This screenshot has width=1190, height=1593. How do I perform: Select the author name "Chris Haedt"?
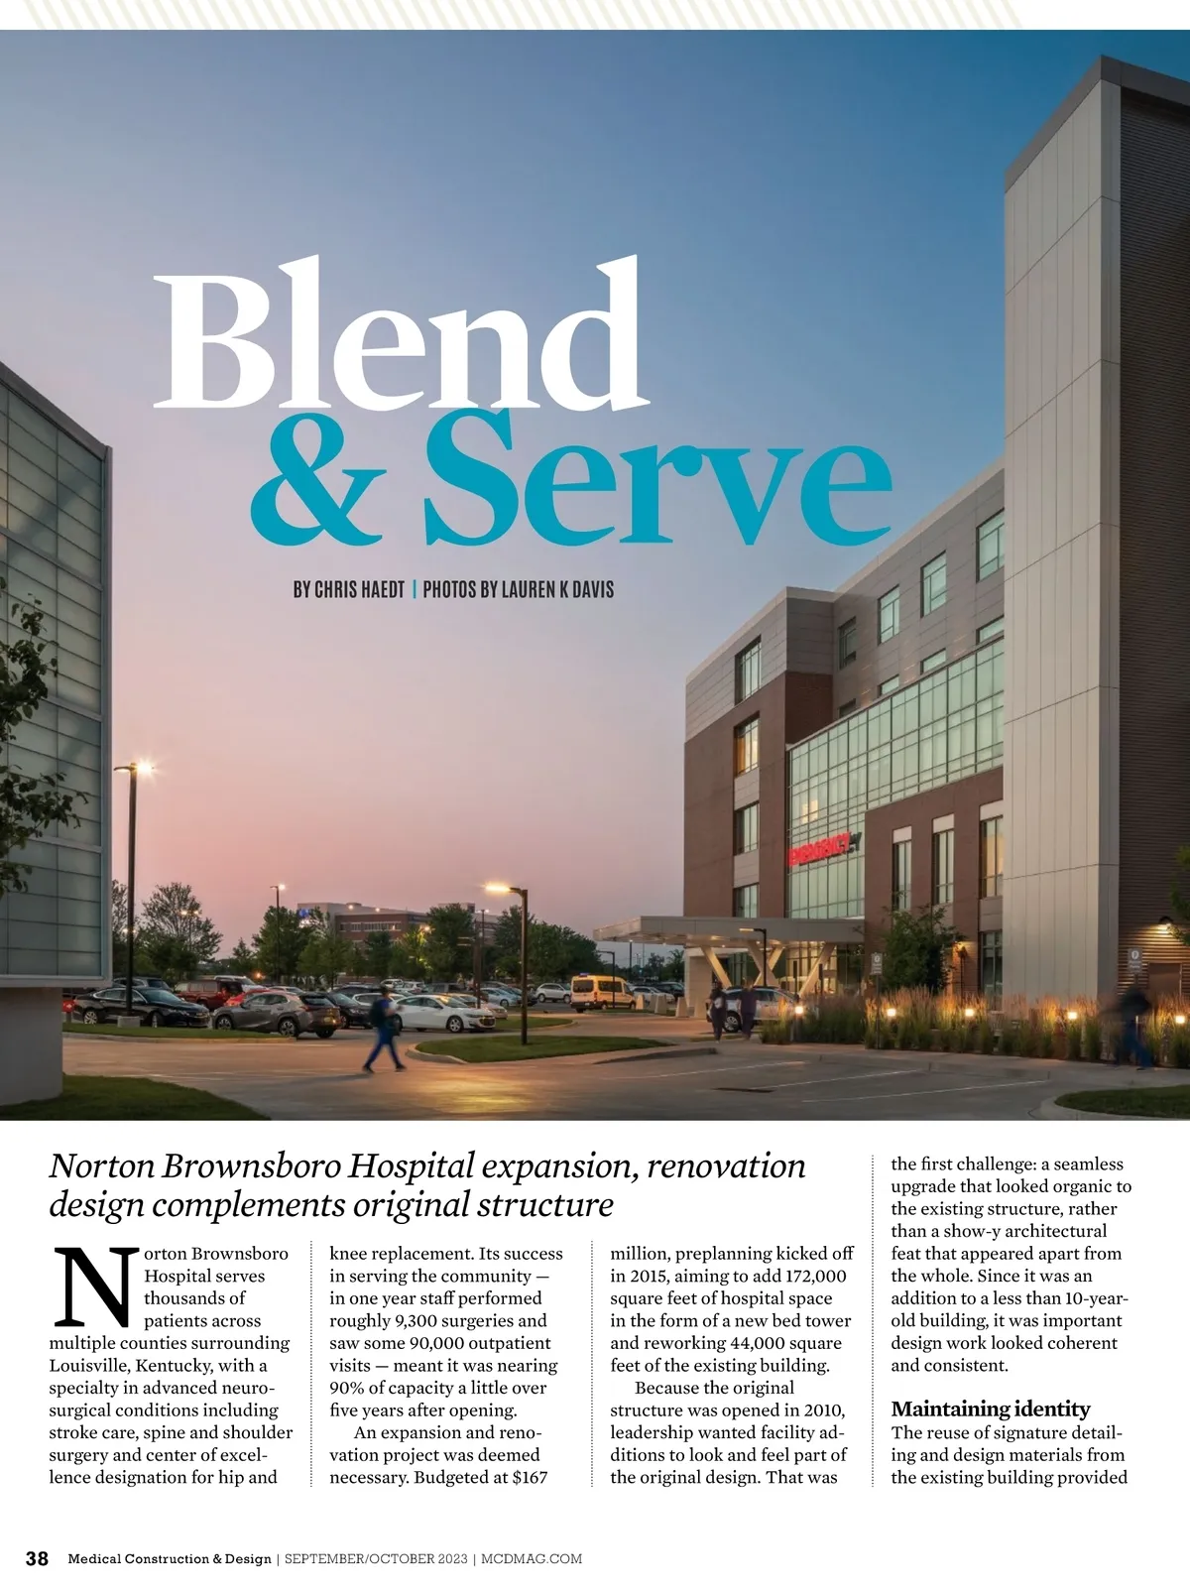(x=360, y=589)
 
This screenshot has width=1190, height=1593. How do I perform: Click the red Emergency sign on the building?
(x=820, y=848)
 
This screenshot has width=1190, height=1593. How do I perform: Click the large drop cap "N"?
(x=93, y=1287)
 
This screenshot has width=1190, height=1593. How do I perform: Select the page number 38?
(x=37, y=1558)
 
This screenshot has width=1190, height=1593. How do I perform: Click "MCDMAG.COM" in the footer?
(x=533, y=1559)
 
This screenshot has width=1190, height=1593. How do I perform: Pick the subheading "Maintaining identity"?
(x=990, y=1409)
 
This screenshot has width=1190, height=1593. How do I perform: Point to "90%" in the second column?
(x=346, y=1388)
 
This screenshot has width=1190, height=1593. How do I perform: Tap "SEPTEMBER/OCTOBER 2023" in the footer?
(x=376, y=1559)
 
